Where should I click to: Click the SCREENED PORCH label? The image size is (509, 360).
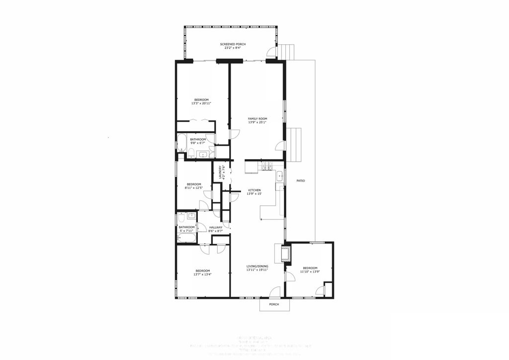(x=233, y=44)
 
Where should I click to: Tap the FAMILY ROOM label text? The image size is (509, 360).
(x=257, y=118)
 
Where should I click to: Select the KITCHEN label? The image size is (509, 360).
(x=255, y=190)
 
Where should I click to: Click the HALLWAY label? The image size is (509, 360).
(x=216, y=227)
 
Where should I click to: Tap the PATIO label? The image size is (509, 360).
(x=300, y=180)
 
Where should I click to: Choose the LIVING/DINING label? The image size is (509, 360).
(x=257, y=267)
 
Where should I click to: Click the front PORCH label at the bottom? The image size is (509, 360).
(x=274, y=304)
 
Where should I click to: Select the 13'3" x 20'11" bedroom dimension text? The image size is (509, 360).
(x=201, y=103)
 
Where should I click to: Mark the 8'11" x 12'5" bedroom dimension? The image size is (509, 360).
(x=193, y=187)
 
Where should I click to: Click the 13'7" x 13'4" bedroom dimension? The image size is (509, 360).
(x=202, y=274)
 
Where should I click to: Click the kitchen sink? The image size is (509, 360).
(x=280, y=175)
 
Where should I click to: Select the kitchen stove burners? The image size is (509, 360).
(x=267, y=168)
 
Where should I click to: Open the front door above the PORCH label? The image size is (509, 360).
(x=274, y=292)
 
